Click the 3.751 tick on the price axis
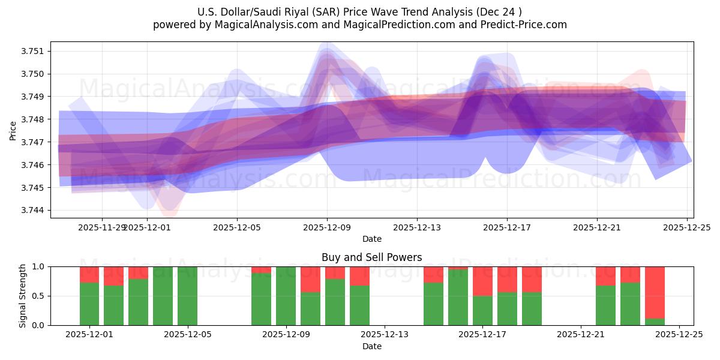click(35, 51)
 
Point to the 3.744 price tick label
click(35, 211)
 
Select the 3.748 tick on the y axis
click(35, 119)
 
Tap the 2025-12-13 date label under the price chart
click(417, 228)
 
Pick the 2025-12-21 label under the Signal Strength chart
click(581, 335)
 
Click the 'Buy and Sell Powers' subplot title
click(371, 257)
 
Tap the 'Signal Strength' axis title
click(23, 296)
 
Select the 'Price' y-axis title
click(13, 130)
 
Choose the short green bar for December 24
click(655, 322)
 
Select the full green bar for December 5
click(187, 296)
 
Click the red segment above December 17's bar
click(482, 281)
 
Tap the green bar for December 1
click(89, 304)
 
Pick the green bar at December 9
click(286, 296)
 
